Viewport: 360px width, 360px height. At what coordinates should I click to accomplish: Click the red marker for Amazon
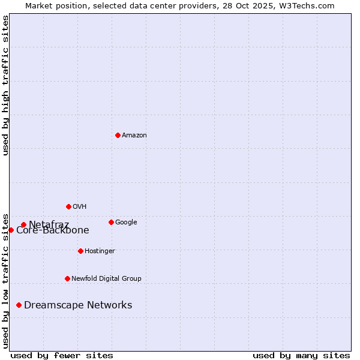coord(118,135)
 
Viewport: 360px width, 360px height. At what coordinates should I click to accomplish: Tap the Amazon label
coord(134,136)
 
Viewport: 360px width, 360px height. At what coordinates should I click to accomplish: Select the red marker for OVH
coord(68,206)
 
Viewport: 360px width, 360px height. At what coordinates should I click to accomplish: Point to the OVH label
coord(80,207)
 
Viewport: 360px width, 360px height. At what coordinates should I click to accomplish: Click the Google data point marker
coord(111,222)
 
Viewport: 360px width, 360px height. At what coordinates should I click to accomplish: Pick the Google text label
coord(126,223)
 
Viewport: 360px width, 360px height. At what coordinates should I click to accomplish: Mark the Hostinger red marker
coord(80,251)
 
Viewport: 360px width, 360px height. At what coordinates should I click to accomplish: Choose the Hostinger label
coord(100,251)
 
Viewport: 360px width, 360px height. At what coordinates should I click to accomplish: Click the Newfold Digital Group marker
coord(67,278)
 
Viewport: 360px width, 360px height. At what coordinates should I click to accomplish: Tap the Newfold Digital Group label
coord(106,279)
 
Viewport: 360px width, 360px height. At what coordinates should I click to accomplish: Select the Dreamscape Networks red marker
coord(19,305)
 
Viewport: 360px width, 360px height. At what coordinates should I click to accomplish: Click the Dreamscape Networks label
coord(78,305)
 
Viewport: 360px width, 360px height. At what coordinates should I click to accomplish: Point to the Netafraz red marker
coord(23,225)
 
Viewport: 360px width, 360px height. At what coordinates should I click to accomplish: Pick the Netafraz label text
coord(49,225)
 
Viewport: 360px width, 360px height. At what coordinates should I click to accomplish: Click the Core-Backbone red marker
coord(11,230)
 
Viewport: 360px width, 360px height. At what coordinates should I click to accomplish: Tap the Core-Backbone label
coord(53,230)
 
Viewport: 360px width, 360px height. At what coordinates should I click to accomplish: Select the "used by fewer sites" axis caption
coord(62,355)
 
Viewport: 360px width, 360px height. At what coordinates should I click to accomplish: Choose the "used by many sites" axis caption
coord(301,355)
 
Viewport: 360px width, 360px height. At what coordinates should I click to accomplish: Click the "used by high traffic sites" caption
coord(6,85)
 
